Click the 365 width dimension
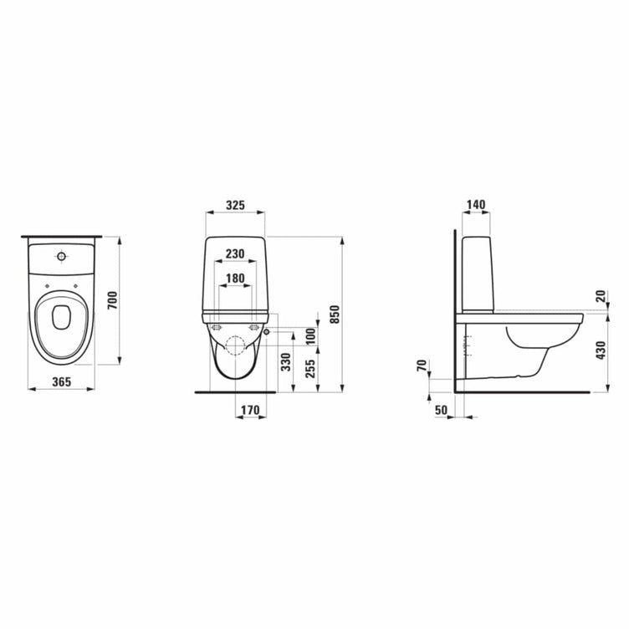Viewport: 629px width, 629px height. coord(60,381)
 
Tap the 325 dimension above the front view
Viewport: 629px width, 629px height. coord(235,205)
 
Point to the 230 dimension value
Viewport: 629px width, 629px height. coord(235,254)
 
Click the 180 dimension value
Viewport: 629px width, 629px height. coord(235,279)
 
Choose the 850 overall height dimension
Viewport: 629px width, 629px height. coord(335,313)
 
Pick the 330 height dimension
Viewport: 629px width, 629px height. coord(285,361)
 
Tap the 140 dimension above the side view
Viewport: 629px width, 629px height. coord(476,205)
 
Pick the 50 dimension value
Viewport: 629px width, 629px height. coord(442,410)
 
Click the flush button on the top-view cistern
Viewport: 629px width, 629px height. coord(60,255)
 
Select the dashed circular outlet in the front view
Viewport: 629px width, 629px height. coord(235,345)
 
